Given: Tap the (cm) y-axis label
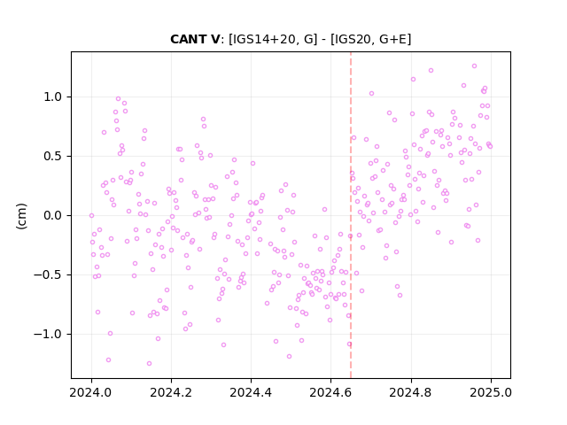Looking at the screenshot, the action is click(21, 216).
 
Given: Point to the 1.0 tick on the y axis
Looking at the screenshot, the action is click(53, 97).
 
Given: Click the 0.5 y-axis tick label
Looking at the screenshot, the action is click(53, 156).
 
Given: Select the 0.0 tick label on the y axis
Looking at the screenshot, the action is click(53, 215).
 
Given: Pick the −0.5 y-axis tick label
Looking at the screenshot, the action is click(49, 274).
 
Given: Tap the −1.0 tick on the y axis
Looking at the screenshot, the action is click(49, 334).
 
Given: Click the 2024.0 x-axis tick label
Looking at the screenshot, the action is click(91, 392).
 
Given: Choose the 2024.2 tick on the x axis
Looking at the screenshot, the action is click(171, 392).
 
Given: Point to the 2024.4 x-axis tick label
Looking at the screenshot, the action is click(251, 392).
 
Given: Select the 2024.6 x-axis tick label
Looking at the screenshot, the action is click(330, 392).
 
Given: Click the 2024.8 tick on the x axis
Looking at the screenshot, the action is click(411, 392).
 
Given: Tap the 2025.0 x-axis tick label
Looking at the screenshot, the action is click(491, 392).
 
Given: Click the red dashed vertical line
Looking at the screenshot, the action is click(351, 215).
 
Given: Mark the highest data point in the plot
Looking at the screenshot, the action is click(475, 66).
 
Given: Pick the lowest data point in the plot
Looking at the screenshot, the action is click(149, 363).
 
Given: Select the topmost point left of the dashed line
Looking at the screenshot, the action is click(118, 98).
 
